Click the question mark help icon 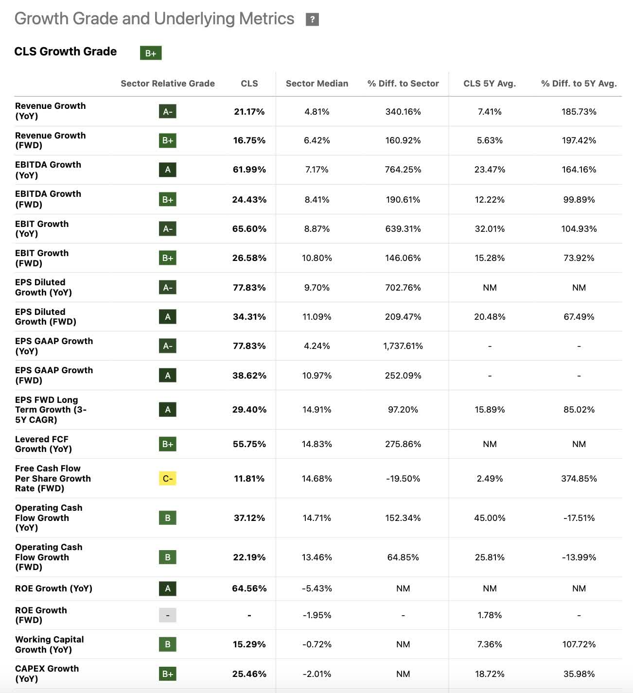coord(312,19)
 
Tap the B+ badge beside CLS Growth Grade coord(151,53)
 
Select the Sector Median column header coord(317,84)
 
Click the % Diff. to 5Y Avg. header coord(579,84)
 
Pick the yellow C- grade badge coord(168,479)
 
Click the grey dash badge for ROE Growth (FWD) coord(168,615)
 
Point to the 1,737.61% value coord(403,346)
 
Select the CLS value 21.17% coord(249,112)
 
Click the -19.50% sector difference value coord(403,479)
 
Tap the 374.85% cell coord(579,479)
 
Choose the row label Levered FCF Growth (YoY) coord(43,444)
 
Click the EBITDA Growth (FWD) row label coord(48,199)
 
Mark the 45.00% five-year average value coord(490,518)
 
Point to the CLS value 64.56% coord(249,589)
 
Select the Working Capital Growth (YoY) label coord(49,644)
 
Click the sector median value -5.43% coord(317,589)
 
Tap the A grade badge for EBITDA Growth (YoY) coord(168,170)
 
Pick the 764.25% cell coord(403,170)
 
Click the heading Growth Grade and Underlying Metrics coord(154,19)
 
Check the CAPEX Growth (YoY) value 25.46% coord(249,674)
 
